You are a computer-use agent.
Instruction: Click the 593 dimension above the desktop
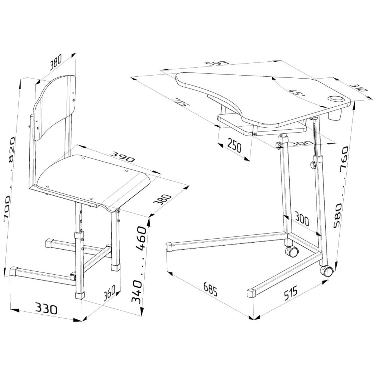point(217,64)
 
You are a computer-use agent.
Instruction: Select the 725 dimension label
point(181,102)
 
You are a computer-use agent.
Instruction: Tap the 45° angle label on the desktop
point(297,93)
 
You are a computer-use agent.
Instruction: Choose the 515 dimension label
point(290,293)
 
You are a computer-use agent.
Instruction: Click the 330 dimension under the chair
point(46,308)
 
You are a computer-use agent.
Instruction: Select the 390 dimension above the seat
point(123,157)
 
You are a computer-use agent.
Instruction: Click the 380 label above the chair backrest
point(56,62)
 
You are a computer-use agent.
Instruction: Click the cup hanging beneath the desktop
point(335,116)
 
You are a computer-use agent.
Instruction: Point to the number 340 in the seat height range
point(137,292)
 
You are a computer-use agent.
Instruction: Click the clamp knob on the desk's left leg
point(279,145)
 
